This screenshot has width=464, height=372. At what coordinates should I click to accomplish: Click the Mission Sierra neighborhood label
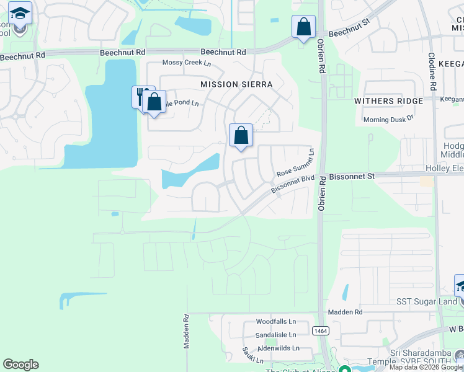[237, 84]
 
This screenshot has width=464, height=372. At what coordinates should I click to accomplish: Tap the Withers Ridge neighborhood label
[388, 100]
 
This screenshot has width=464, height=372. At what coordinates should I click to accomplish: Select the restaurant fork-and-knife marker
[142, 97]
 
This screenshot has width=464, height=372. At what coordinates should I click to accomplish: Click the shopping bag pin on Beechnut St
[303, 27]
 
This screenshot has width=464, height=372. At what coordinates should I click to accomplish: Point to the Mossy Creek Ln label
[186, 63]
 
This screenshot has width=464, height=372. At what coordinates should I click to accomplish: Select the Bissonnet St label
[352, 177]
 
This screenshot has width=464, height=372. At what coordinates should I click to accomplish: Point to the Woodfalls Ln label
[276, 322]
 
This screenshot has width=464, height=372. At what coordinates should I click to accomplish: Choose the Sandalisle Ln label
[277, 335]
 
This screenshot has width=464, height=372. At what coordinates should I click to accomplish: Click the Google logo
[20, 365]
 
